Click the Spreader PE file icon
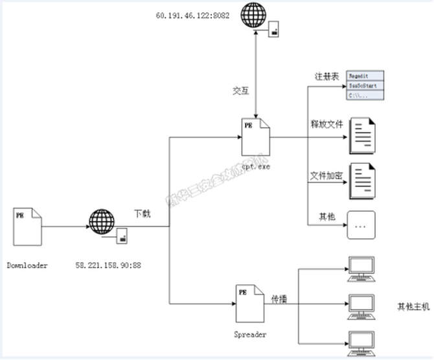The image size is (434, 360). coord(249,304)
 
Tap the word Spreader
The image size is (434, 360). coord(250,334)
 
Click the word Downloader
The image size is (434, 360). coord(27,265)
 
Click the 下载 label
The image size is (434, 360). coord(142,213)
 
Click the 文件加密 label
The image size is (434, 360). coord(326,176)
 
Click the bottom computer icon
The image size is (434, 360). coord(361,342)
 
